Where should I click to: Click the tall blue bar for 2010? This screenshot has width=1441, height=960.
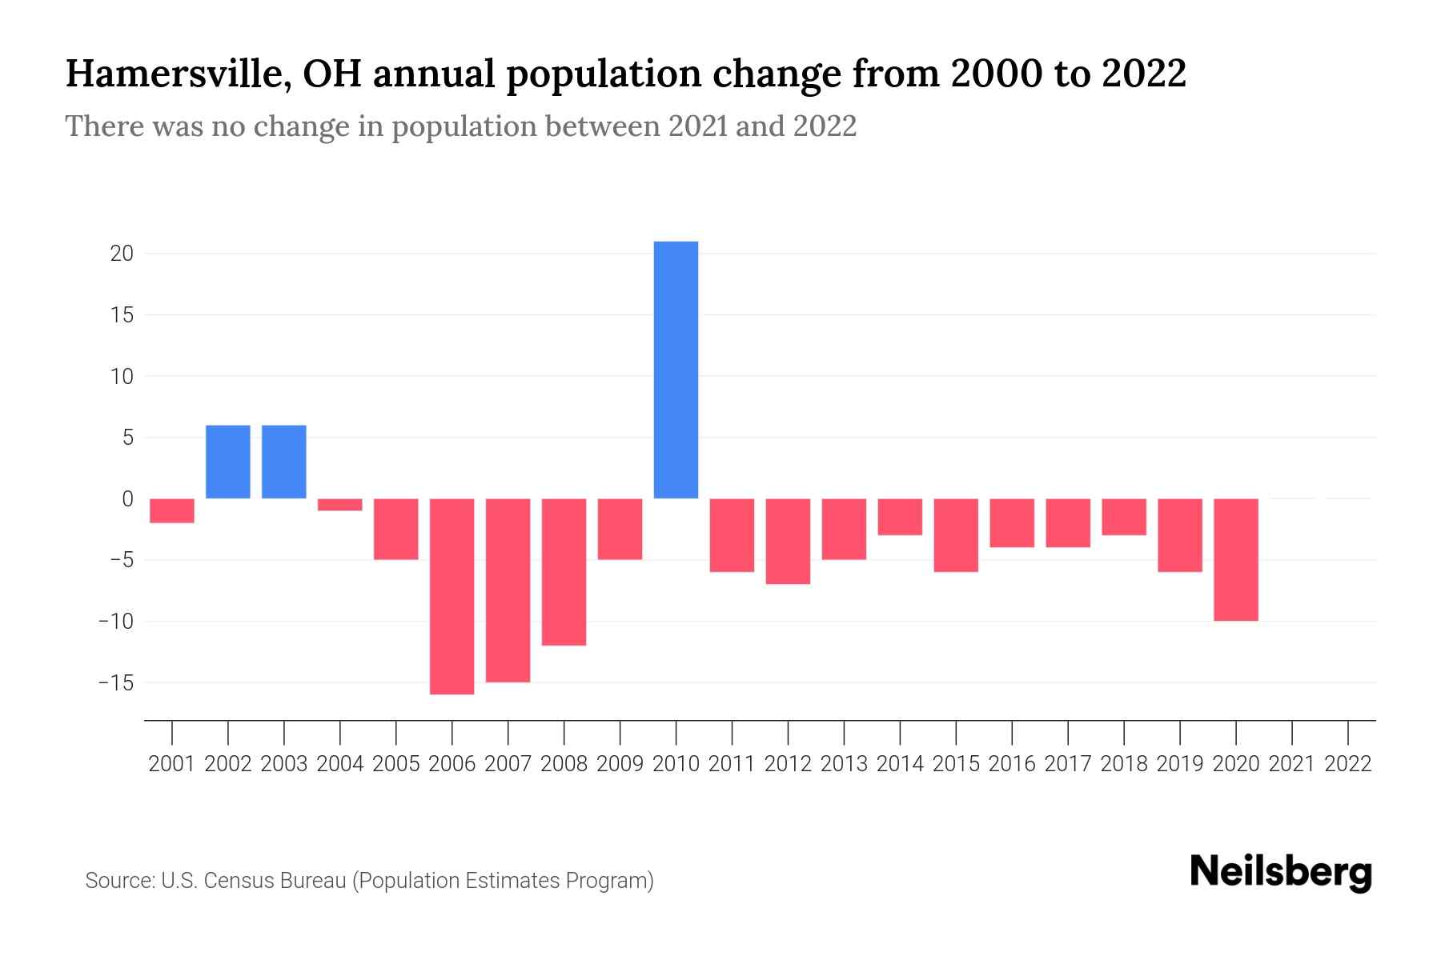point(676,370)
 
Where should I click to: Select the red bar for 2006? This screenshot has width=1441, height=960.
point(452,596)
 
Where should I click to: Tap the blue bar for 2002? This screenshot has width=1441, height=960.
point(228,462)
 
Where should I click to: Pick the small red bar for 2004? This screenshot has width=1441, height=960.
point(339,505)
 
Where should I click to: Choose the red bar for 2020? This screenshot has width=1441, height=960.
point(1235,559)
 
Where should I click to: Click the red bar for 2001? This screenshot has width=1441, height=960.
point(172,510)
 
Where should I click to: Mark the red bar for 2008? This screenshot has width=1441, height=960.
point(564,571)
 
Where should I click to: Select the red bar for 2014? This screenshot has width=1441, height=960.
point(900,517)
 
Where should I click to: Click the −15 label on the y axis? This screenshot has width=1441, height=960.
point(115,683)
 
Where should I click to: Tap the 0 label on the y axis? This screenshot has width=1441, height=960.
point(127,499)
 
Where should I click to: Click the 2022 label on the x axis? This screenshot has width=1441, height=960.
point(1347,764)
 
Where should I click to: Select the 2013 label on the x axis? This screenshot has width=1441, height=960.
point(844,764)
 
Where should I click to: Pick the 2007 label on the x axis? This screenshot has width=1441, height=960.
point(508,764)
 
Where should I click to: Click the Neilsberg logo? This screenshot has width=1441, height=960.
point(1280,872)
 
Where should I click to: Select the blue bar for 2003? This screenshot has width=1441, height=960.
point(284,462)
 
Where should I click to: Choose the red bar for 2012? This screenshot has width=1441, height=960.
point(788,541)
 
